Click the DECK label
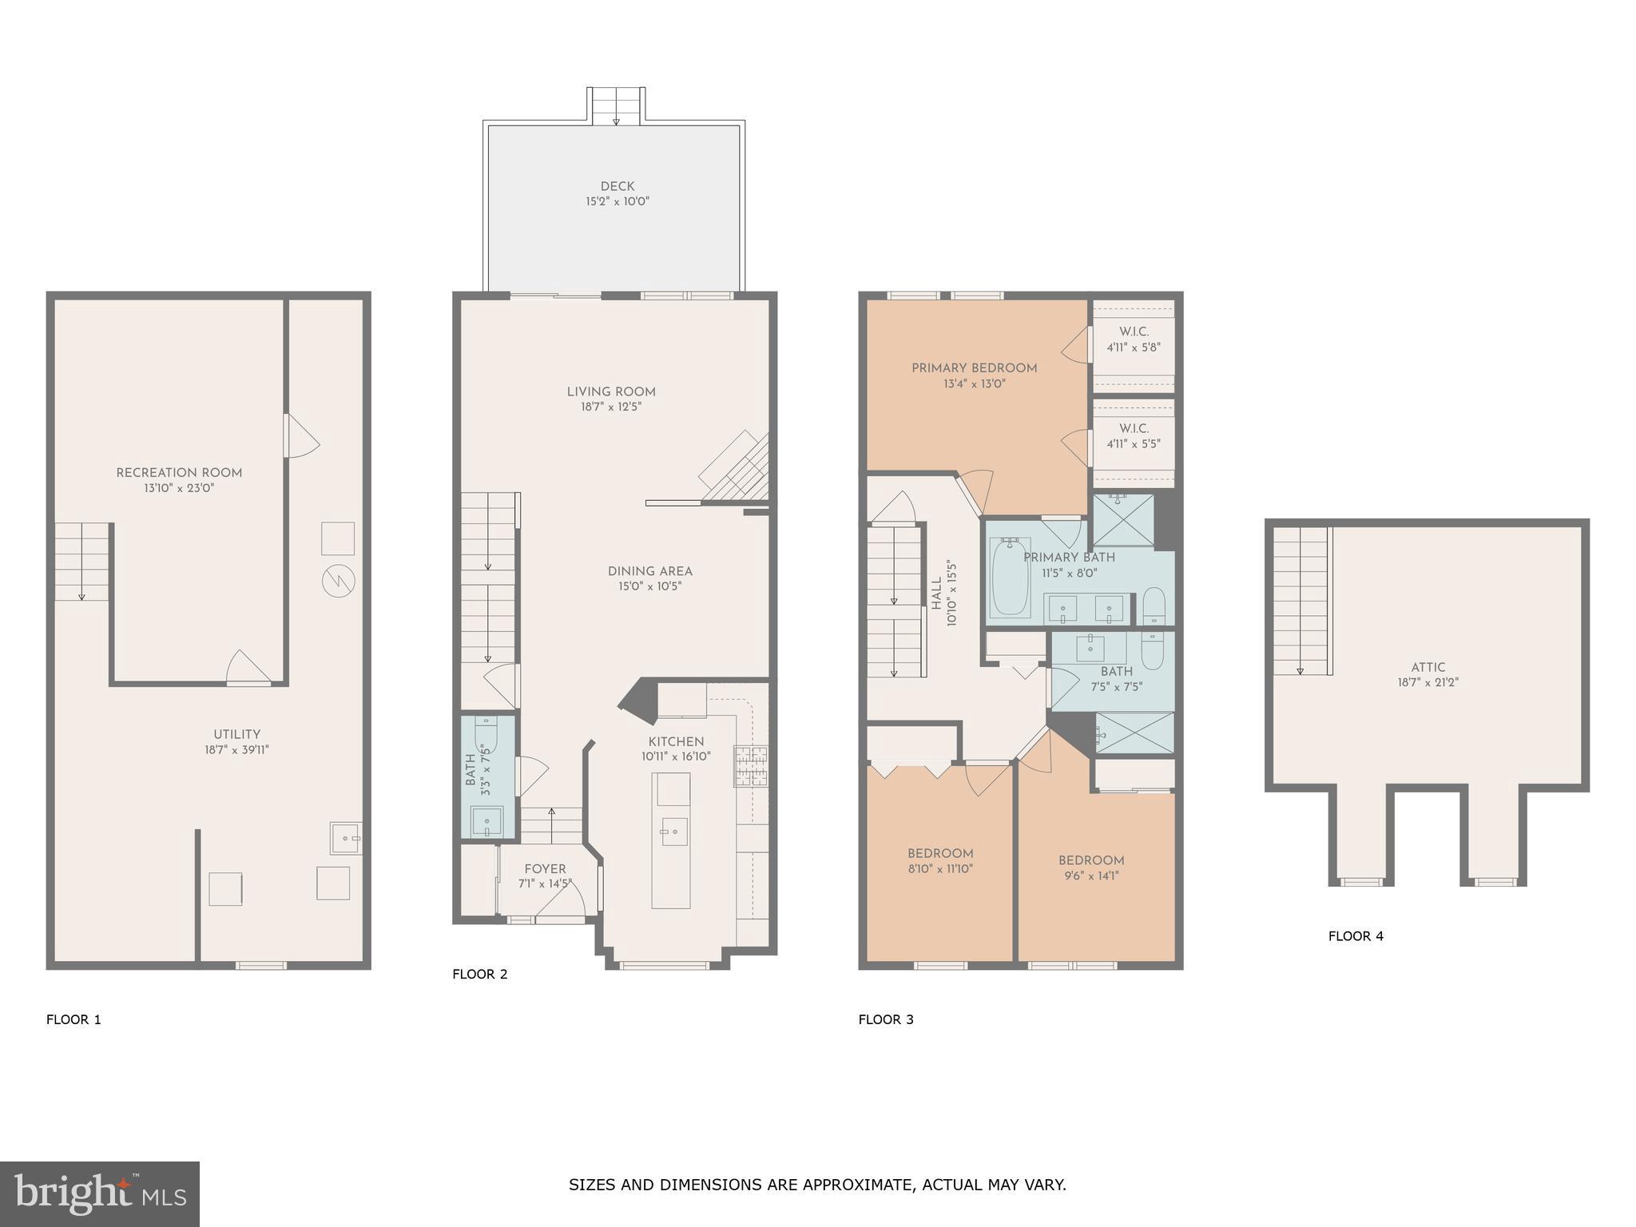pos(617,186)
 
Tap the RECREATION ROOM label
pos(179,473)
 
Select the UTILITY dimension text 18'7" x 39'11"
pos(236,750)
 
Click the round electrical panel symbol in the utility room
pos(338,580)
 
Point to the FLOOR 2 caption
pos(479,974)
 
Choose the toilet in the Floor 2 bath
pos(486,734)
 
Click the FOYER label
pos(545,869)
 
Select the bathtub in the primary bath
pos(1011,576)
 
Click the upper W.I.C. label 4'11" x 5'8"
pos(1134,340)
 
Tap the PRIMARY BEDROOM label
pos(974,368)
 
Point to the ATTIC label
pos(1428,668)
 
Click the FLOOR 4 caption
pos(1355,936)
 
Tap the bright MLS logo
pos(99,1193)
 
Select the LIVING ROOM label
pos(611,392)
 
